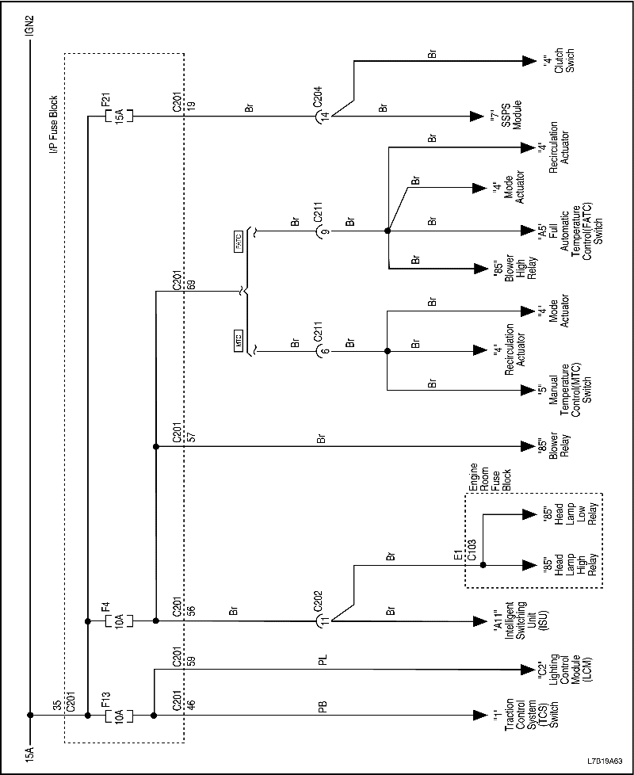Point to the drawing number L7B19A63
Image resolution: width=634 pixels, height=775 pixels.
[x=605, y=758]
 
